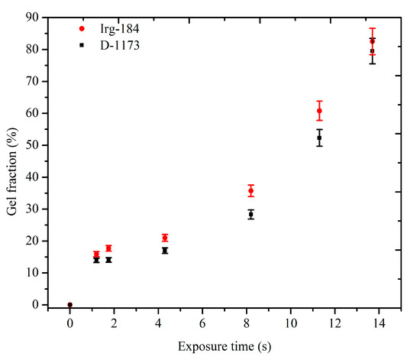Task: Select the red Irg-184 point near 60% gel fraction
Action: coord(319,111)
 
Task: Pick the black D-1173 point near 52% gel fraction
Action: coord(319,138)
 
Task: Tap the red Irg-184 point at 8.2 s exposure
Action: coord(250,190)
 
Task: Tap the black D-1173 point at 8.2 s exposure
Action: coord(250,215)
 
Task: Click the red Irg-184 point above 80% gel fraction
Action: coord(372,41)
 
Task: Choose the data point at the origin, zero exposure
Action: coord(70,304)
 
